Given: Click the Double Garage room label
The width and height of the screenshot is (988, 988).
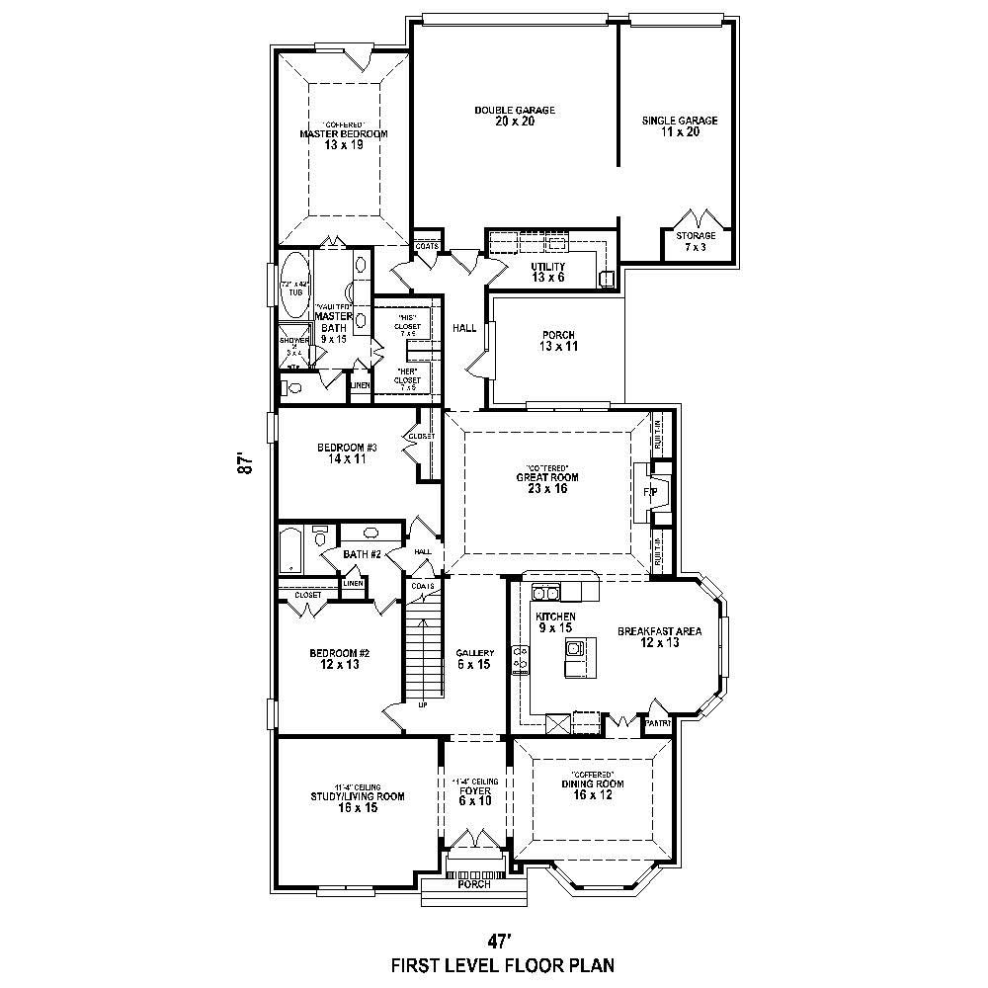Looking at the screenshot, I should point(514,116).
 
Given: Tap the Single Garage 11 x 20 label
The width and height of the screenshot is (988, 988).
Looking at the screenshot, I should point(680,125).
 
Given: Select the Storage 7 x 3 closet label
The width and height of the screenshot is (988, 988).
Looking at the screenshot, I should point(702,240).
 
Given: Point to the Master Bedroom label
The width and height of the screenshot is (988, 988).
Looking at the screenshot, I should point(344,138).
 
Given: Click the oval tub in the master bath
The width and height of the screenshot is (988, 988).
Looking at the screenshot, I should point(294,286).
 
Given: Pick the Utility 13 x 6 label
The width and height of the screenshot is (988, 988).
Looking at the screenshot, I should point(546,272).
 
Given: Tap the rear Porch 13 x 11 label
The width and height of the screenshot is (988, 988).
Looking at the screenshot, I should point(558,341).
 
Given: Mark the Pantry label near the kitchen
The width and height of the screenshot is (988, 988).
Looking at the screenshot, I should point(658,723).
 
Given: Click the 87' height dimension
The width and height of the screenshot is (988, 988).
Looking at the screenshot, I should point(245,464).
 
